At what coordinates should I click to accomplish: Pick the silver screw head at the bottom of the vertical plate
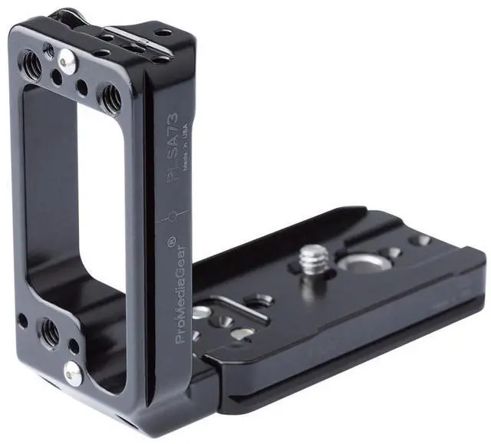pos(74,373)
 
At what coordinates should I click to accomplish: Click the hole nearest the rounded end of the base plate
pos(420,240)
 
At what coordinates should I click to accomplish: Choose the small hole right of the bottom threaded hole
pos(74,346)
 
